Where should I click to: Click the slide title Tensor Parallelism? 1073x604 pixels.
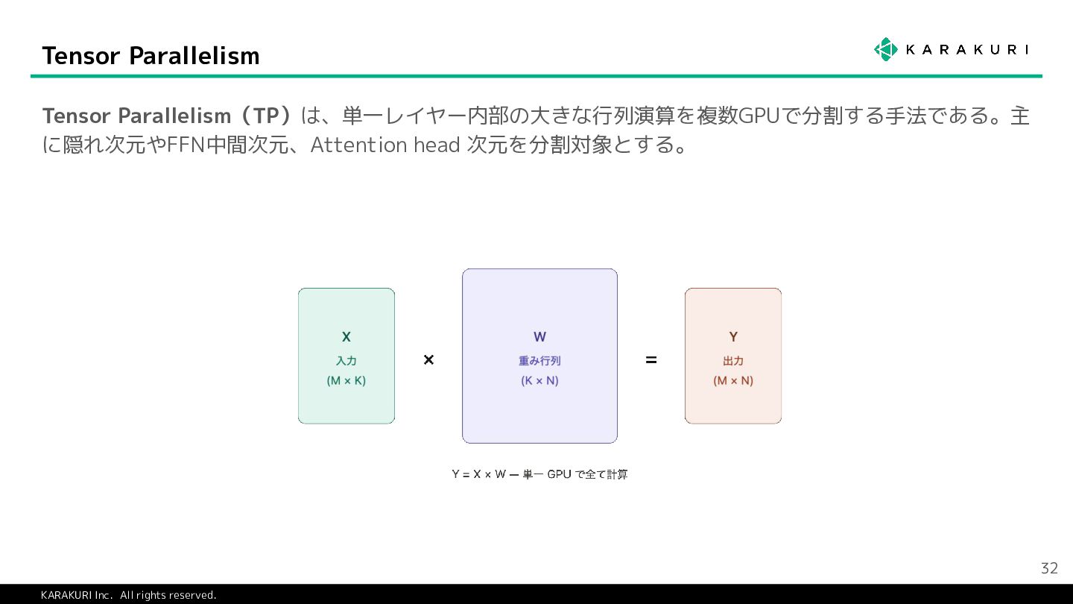click(151, 56)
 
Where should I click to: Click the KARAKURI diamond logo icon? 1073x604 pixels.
click(885, 49)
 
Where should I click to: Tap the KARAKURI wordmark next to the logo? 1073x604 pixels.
click(966, 50)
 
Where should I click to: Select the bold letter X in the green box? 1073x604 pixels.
click(346, 337)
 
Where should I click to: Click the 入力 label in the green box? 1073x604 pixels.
click(346, 361)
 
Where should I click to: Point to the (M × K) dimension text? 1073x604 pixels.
click(346, 380)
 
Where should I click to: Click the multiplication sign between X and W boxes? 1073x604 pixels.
click(428, 360)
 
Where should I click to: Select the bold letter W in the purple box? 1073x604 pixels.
click(539, 337)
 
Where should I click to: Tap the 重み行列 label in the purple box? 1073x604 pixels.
click(539, 361)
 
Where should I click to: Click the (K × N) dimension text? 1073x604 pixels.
click(539, 380)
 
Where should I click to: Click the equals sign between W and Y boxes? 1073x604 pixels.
click(651, 360)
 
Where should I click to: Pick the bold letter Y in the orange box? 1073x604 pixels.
click(733, 337)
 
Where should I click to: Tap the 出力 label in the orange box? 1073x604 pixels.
click(733, 361)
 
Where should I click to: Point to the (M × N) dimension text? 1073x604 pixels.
click(733, 380)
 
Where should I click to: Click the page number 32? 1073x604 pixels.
click(1049, 568)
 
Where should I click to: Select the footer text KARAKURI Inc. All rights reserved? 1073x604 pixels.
click(128, 595)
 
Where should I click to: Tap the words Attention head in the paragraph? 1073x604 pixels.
click(384, 145)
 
